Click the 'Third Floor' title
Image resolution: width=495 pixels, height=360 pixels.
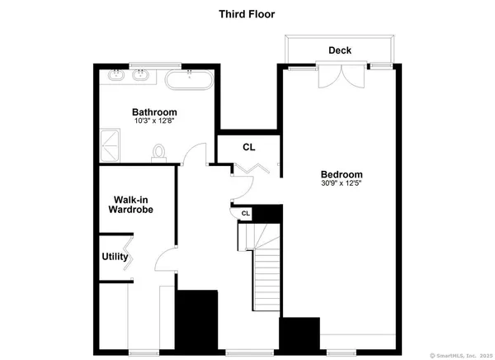click(x=247, y=14)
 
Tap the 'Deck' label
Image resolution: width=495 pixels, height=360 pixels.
click(x=339, y=51)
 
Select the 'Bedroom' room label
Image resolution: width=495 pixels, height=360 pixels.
click(x=342, y=174)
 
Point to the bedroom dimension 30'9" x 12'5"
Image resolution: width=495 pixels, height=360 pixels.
click(x=342, y=183)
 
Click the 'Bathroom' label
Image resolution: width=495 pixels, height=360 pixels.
click(x=154, y=112)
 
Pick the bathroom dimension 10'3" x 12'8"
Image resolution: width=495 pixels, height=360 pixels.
click(x=154, y=121)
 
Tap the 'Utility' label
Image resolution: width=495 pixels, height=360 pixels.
click(x=115, y=257)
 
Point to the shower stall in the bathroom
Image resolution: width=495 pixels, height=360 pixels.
click(x=111, y=144)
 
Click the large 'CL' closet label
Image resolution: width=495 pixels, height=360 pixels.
click(x=248, y=147)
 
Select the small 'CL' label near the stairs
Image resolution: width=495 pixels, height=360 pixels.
click(x=245, y=214)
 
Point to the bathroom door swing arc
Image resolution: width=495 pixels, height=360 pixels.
click(x=195, y=154)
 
